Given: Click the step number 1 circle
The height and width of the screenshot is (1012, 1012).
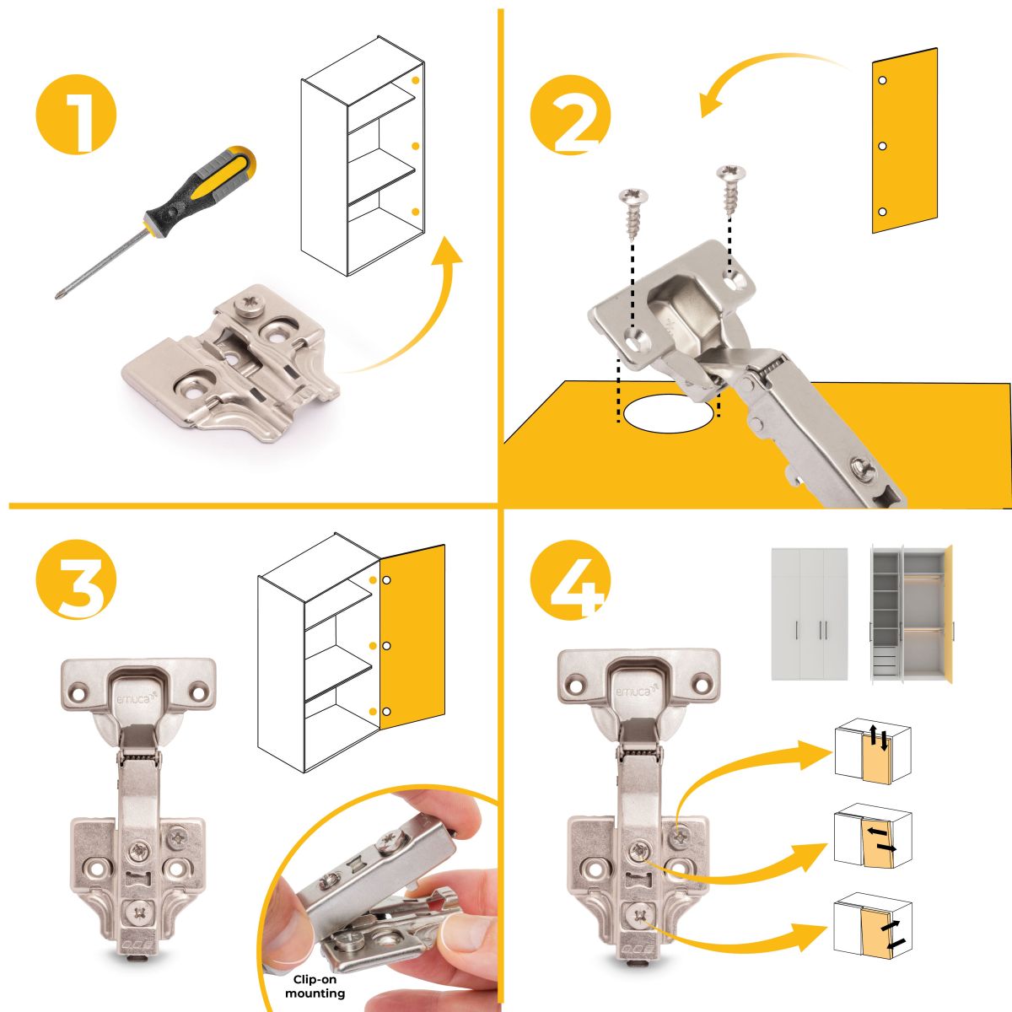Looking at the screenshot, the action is (x=76, y=115).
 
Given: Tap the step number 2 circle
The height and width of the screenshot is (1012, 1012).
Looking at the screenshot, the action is (x=570, y=115).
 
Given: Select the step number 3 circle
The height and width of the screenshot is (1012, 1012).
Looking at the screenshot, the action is (x=76, y=579).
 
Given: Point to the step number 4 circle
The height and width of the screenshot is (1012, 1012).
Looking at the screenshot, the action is (x=570, y=579).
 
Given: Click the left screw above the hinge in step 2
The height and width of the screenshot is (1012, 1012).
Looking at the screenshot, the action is (x=632, y=216).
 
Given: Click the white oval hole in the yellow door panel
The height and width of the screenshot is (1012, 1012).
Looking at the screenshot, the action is (x=667, y=413).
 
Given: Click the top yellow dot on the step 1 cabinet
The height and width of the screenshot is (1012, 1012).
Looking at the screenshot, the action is (x=416, y=80).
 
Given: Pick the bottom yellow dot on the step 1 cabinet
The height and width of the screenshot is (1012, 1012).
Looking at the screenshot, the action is (x=416, y=211).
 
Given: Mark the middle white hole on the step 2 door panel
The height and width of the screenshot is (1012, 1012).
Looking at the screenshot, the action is (x=882, y=146).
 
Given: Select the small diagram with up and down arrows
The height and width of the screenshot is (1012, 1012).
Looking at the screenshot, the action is (x=872, y=751).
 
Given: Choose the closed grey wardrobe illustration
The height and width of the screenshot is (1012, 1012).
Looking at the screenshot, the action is (x=810, y=614).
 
